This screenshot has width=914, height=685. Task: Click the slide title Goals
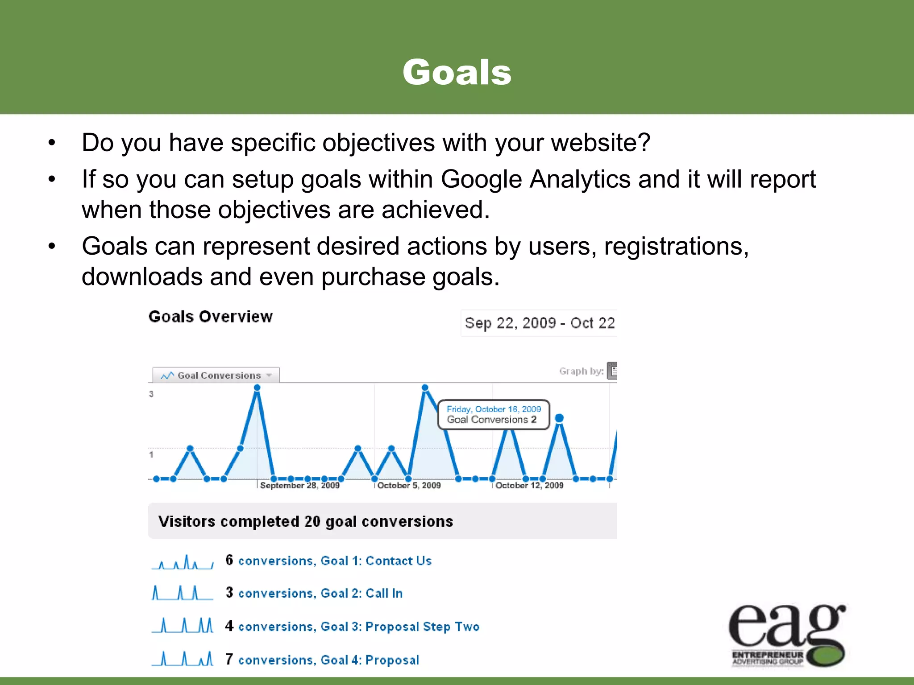457,72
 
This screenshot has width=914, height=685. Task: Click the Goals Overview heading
210,317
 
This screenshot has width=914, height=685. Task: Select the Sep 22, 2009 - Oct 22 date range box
539,323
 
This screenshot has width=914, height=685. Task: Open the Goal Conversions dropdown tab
216,376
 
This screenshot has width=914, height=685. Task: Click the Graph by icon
612,371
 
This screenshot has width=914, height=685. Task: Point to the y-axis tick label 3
151,394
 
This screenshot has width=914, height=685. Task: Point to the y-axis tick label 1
151,454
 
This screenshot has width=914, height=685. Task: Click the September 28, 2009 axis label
299,485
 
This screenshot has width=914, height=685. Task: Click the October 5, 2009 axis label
409,485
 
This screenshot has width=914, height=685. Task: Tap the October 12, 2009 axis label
529,485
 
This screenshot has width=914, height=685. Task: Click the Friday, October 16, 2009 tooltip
494,414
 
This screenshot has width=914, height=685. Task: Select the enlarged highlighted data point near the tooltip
559,418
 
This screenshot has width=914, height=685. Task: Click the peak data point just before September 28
257,388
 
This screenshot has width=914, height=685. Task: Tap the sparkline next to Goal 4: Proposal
183,659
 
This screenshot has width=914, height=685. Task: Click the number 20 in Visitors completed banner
312,521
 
